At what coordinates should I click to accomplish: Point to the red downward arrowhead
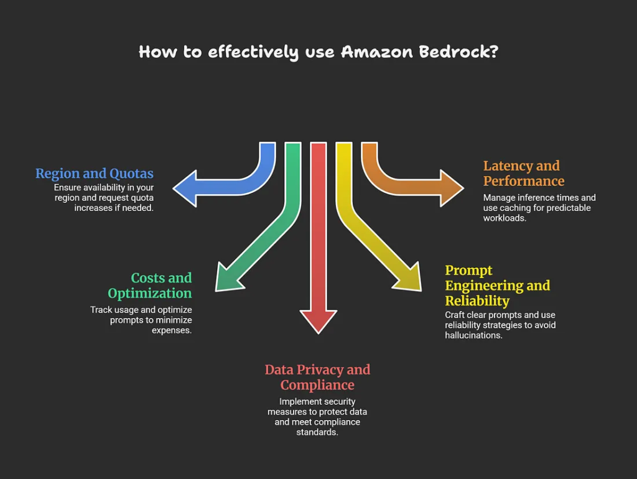pos(318,320)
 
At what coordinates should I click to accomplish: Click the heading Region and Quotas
pos(95,174)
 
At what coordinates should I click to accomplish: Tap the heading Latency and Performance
pos(523,174)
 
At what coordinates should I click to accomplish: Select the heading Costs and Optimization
pos(150,286)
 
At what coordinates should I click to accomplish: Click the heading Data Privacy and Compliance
pos(317,377)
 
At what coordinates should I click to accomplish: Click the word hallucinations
pos(473,335)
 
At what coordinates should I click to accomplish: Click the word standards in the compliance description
pos(317,432)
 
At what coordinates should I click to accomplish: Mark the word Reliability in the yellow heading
pos(477,301)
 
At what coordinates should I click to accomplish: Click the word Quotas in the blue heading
pos(131,174)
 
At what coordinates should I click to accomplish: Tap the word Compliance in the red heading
pos(317,385)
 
